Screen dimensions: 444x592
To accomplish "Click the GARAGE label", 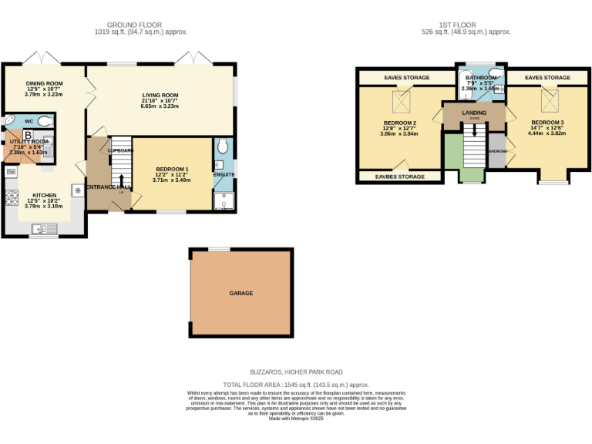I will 240,293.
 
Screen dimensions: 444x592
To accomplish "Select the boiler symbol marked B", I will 27,135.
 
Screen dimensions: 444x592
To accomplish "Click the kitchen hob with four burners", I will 12,198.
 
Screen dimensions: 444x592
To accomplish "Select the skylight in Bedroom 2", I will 401,101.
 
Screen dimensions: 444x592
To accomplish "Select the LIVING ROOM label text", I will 160,96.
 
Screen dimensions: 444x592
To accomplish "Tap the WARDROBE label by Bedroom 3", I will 497,151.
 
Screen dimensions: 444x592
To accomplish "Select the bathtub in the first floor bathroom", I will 469,82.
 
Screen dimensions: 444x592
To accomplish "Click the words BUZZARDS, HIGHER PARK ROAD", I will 297,372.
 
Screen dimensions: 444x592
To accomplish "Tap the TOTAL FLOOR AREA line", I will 297,384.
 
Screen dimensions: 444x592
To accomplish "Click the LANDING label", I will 473,113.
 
